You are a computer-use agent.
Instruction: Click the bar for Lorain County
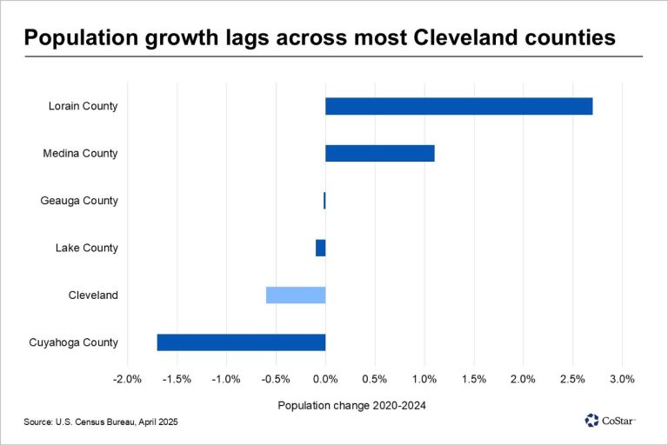tap(458, 106)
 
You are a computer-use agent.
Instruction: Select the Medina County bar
tap(379, 154)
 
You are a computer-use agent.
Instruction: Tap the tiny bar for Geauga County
tap(324, 201)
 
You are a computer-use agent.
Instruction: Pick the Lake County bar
tap(320, 248)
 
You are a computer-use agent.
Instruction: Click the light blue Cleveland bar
tap(296, 296)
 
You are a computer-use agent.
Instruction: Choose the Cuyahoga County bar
tap(241, 342)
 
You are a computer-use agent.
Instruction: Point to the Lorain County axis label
tap(83, 106)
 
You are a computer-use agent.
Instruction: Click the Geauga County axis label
tap(79, 201)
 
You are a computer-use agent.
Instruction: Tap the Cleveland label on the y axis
tap(93, 296)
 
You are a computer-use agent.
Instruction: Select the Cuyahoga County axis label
tap(73, 342)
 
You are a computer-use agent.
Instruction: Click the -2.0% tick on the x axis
tap(127, 379)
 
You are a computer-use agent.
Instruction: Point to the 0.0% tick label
tap(325, 379)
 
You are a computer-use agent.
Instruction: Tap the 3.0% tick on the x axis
tap(622, 379)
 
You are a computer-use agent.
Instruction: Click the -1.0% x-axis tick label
tap(226, 379)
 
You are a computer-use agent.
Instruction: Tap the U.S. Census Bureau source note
tap(105, 422)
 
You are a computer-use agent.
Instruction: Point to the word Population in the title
tap(77, 38)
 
